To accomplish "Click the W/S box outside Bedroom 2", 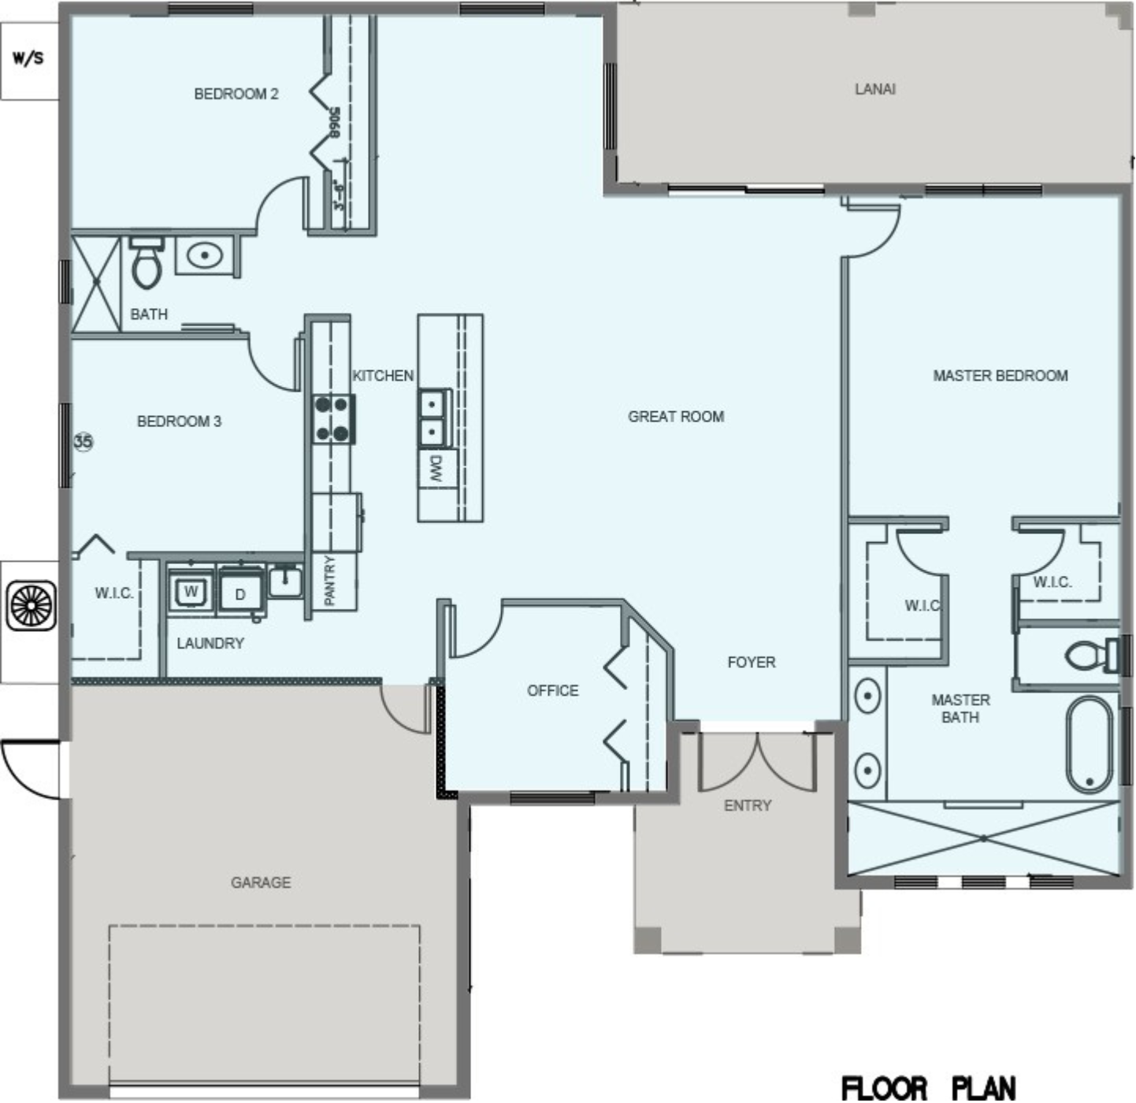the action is pos(29,61).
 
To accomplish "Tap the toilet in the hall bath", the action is pos(147,262).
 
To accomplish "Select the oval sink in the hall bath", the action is pos(204,255).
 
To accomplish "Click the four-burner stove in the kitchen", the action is pos(332,418).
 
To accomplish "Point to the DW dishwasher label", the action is pos(436,468).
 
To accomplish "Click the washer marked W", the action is pos(191,591).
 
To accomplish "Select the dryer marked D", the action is pos(240,592).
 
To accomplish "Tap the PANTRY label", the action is pos(329,580).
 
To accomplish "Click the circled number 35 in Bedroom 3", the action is pos(84,441).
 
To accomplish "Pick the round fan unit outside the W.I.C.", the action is pos(32,605).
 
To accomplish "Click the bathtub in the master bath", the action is pos(1090,745).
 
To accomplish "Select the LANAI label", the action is pos(875,89).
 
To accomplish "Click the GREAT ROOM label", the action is pos(676,416).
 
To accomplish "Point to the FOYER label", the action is pos(752,662).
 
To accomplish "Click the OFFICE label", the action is pos(553,690).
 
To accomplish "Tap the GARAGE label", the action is pos(260,882).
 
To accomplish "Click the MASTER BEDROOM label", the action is pos(1000,376).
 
